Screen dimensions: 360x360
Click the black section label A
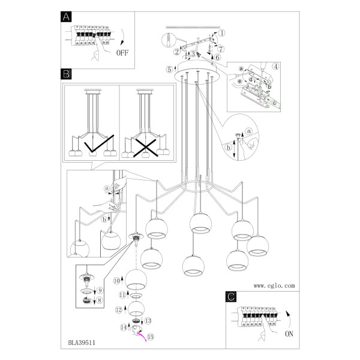point(66,17)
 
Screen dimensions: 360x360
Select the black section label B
point(66,74)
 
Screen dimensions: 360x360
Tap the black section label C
point(231,296)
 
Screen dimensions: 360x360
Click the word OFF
point(122,53)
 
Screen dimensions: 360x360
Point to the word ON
point(289,334)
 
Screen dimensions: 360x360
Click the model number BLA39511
point(82,343)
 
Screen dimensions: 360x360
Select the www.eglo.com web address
point(274,286)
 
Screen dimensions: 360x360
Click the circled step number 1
point(221,33)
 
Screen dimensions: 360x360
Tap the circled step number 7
point(221,49)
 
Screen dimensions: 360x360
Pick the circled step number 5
point(169,70)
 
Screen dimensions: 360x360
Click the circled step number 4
point(276,67)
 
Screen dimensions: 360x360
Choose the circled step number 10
point(117,281)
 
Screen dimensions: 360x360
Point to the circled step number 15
point(151,337)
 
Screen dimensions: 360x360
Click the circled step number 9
point(100,290)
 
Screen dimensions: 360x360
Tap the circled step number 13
point(148,320)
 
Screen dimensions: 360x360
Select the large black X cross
point(146,148)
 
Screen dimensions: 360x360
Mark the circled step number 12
point(119,310)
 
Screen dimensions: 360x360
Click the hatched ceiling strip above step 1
point(193,28)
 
